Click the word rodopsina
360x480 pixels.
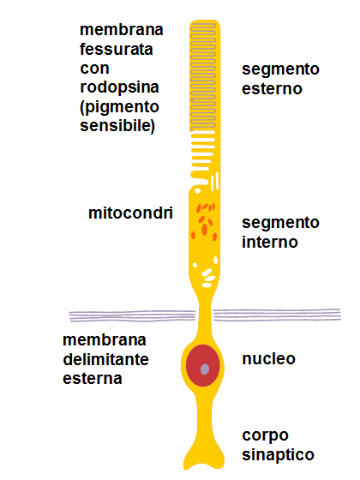click(x=119, y=88)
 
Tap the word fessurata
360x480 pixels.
click(x=117, y=49)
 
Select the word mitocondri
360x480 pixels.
click(x=130, y=213)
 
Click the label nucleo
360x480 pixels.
click(x=269, y=359)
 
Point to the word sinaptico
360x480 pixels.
click(x=278, y=455)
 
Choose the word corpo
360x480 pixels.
click(x=265, y=436)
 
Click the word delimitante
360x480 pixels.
click(x=105, y=359)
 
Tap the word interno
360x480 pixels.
click(x=270, y=242)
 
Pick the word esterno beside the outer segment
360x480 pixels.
click(x=272, y=88)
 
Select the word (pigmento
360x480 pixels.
click(x=119, y=107)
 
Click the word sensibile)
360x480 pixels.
click(x=117, y=126)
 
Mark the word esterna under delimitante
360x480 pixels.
click(x=93, y=378)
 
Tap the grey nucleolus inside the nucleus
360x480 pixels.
click(x=205, y=369)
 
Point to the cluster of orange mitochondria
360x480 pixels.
click(x=204, y=222)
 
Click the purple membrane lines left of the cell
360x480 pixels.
click(x=132, y=316)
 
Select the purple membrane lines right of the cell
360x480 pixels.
click(x=277, y=315)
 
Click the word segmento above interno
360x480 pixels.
click(x=280, y=223)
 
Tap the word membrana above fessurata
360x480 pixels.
click(x=121, y=30)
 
